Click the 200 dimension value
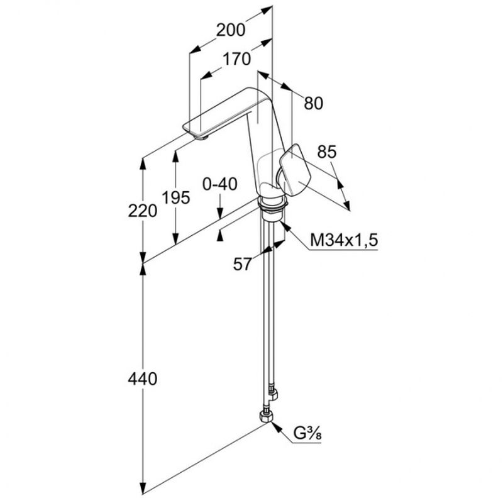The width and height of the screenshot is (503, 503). tap(230, 29)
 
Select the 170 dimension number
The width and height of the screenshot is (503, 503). tap(237, 59)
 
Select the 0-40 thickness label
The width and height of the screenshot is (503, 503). tap(219, 184)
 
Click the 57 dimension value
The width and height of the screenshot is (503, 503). tap(243, 265)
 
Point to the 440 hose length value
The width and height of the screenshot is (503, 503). tap(142, 379)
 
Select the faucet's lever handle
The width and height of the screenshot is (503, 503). tap(294, 170)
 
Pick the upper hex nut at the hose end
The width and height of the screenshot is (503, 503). tap(272, 394)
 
